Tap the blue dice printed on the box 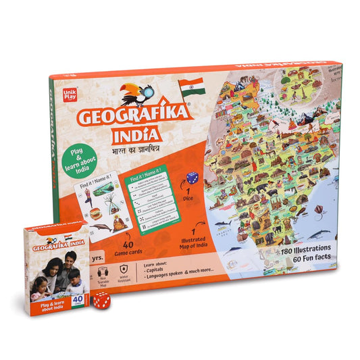pos(192,178)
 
